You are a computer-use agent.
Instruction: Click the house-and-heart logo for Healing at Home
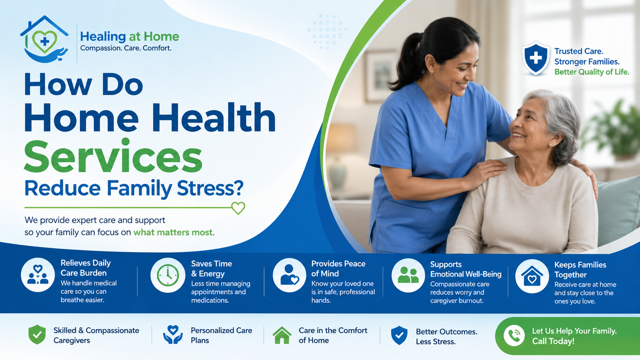[44, 39]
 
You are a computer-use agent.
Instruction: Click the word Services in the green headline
[113, 156]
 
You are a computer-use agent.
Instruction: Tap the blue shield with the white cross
[536, 58]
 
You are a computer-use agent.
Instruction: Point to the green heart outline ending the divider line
[238, 208]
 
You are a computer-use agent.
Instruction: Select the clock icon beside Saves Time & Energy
[168, 275]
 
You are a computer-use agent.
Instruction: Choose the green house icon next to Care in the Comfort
[282, 335]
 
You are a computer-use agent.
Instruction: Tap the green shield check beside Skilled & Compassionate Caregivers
[37, 335]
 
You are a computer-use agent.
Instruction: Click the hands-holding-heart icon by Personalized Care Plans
[173, 335]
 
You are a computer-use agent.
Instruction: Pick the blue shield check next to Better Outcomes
[399, 336]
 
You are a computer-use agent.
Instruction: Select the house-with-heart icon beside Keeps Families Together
[532, 276]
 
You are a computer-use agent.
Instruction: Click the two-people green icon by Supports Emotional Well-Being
[408, 275]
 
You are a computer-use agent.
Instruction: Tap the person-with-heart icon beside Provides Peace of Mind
[289, 275]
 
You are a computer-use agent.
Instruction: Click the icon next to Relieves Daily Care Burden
[38, 275]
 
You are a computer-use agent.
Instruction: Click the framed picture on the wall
[380, 76]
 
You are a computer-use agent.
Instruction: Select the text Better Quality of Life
[592, 72]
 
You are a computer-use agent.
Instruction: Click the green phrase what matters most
[174, 232]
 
